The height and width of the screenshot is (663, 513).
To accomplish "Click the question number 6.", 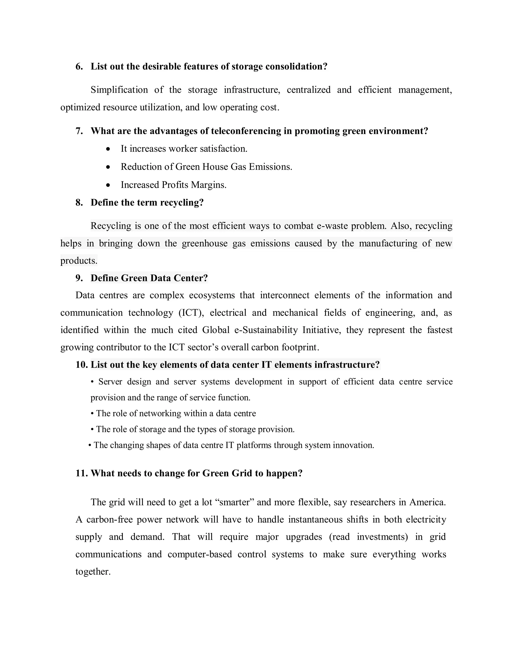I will (79, 67).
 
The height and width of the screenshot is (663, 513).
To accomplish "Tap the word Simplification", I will (119, 90).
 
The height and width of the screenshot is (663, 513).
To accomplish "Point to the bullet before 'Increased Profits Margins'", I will (108, 185).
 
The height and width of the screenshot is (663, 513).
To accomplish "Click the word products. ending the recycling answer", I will (79, 261).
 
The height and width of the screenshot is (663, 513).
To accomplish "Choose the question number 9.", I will (79, 278).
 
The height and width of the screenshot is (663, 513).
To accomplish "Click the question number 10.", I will (81, 365).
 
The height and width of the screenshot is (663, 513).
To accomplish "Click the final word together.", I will (93, 572).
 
